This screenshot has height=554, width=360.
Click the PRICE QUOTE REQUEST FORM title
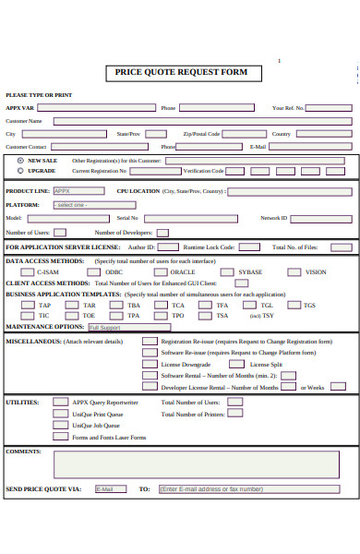tap(181, 71)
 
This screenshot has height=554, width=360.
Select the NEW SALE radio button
tap(20, 160)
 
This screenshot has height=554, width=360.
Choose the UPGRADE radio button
tap(20, 171)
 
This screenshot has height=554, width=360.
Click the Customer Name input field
tap(202, 120)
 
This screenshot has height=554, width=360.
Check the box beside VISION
tap(294, 272)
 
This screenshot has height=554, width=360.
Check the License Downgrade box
tap(149, 364)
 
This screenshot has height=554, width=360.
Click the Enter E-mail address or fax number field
tap(255, 488)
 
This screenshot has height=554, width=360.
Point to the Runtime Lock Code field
tap(249, 247)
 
